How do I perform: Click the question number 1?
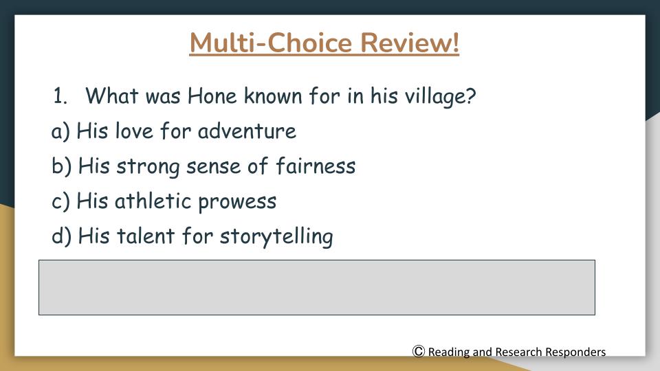tap(60, 96)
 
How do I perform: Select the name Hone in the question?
tap(212, 96)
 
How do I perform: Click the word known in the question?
tap(273, 96)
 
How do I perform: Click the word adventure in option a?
tap(247, 131)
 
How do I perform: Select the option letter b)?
tap(61, 166)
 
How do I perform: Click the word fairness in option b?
tap(316, 166)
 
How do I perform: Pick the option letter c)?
tap(60, 201)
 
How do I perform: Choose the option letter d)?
tap(61, 236)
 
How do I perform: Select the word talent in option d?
tap(146, 236)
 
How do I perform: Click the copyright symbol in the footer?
tap(419, 351)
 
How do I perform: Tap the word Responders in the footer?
tap(575, 352)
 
